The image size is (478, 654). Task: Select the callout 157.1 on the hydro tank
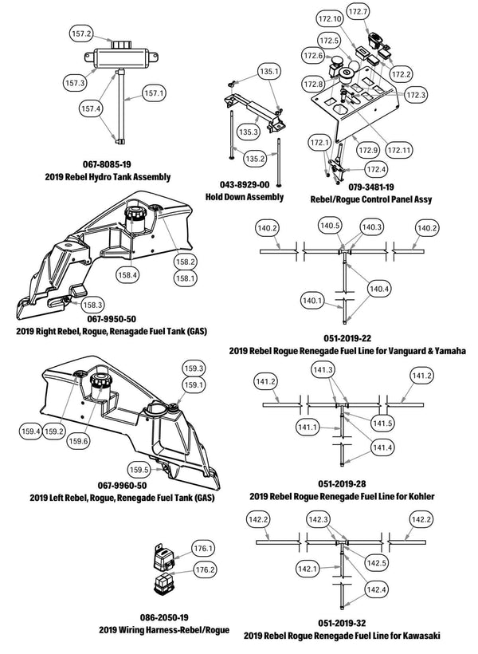point(155,93)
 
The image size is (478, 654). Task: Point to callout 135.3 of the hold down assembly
point(249,132)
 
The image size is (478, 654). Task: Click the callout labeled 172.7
point(380,12)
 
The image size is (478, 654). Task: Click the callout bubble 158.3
point(92,304)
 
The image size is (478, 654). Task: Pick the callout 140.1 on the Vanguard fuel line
point(313,300)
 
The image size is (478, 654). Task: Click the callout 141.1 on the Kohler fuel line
point(310,428)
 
